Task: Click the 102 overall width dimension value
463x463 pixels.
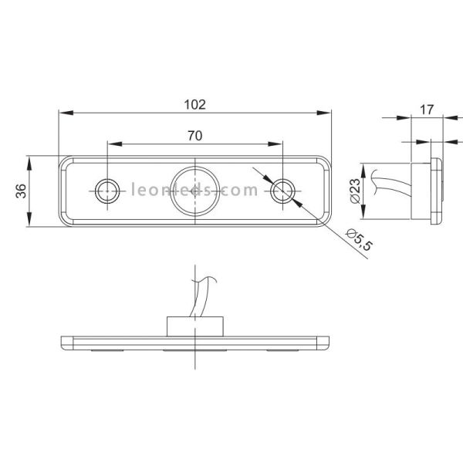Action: pyautogui.click(x=194, y=103)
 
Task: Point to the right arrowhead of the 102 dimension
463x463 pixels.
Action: pyautogui.click(x=325, y=113)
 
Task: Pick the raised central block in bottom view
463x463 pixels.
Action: pyautogui.click(x=194, y=326)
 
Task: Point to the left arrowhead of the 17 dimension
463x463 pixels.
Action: pyautogui.click(x=406, y=118)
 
